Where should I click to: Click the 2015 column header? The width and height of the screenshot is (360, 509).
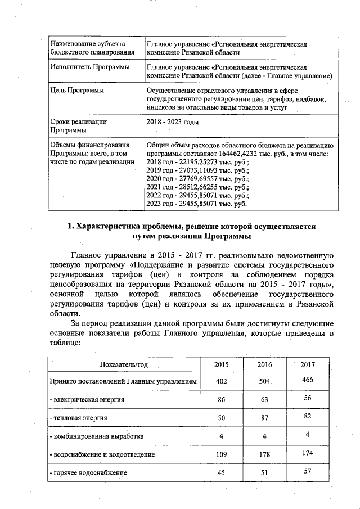tap(222, 364)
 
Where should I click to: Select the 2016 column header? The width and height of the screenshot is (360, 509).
tap(264, 364)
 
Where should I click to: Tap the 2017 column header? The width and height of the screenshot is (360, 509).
tap(307, 364)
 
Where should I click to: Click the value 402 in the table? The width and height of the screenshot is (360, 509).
tap(222, 382)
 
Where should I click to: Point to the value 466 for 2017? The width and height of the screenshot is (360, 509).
tap(307, 381)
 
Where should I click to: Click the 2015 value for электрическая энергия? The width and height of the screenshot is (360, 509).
tap(222, 400)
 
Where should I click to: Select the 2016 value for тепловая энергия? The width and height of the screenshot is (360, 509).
tap(264, 418)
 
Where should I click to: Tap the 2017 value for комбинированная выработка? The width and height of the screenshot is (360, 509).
tap(307, 435)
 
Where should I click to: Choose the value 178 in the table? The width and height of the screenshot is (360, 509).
tap(264, 454)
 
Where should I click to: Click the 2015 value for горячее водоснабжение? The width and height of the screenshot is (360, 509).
tap(222, 473)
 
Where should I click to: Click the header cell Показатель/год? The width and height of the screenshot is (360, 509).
tap(123, 364)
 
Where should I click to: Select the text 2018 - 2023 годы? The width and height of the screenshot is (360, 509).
tap(172, 122)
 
